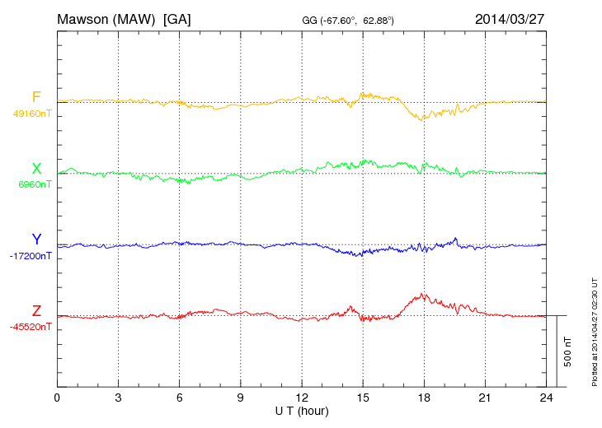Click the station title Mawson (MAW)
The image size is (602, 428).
click(x=106, y=18)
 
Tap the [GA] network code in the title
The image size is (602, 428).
click(x=177, y=18)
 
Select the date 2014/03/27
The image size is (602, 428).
click(x=510, y=18)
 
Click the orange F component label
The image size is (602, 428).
click(x=36, y=98)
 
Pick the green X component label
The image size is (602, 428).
click(x=36, y=169)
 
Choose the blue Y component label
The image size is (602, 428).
click(x=36, y=240)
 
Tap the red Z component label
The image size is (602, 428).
click(x=36, y=311)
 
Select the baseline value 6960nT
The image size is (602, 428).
click(x=35, y=184)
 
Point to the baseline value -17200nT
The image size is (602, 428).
click(x=31, y=256)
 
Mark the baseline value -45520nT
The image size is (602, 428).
click(x=31, y=327)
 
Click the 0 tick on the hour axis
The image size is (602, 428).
click(x=57, y=398)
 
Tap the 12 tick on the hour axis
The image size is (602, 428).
click(x=302, y=398)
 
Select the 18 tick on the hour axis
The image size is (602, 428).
click(x=424, y=398)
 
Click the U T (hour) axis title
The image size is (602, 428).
click(x=302, y=410)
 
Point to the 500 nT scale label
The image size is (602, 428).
click(x=568, y=351)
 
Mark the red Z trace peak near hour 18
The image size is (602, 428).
click(x=423, y=293)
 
